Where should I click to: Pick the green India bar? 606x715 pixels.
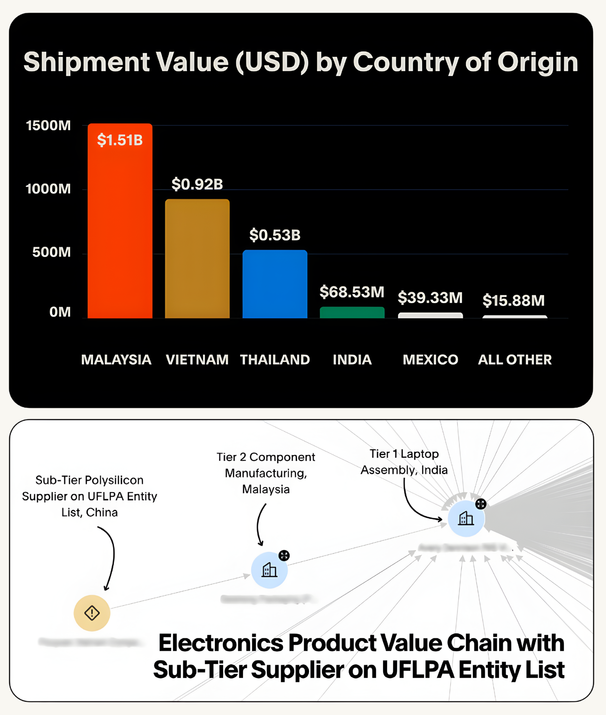click(x=352, y=312)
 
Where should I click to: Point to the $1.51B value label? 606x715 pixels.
click(x=120, y=140)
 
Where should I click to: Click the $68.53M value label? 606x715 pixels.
click(x=352, y=292)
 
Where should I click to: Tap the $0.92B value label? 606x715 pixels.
click(x=197, y=184)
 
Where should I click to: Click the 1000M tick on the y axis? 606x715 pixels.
click(x=48, y=189)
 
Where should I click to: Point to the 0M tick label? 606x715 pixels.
click(x=60, y=312)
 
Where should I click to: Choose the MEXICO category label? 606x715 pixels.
click(x=431, y=359)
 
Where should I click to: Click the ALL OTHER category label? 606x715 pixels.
click(x=515, y=359)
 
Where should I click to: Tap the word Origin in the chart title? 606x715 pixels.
click(x=538, y=62)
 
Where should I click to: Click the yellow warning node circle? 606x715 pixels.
click(x=92, y=613)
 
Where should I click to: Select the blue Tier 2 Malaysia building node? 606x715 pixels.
click(x=269, y=570)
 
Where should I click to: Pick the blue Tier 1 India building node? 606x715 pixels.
click(x=466, y=518)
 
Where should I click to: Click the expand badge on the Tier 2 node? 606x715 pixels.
click(x=284, y=555)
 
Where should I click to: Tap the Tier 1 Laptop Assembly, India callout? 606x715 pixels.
click(x=404, y=462)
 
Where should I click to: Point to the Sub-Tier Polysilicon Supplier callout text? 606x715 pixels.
click(x=89, y=496)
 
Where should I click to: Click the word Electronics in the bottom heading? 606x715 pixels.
click(x=221, y=643)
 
